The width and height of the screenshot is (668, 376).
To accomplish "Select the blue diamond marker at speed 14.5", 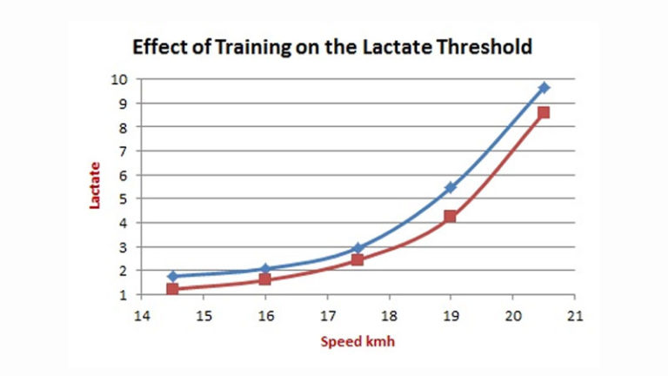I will click(172, 276).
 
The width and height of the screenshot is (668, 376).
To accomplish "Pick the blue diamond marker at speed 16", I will click(265, 269).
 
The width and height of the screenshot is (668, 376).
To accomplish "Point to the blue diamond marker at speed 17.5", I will click(357, 248).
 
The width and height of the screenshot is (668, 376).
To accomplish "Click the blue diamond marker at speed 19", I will click(451, 187).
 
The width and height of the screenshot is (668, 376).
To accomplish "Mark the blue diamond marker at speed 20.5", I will click(544, 88).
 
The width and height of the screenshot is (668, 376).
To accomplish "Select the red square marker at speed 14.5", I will click(172, 289).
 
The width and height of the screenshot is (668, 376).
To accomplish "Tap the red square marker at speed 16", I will click(265, 279).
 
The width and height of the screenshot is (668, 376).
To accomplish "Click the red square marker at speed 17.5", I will click(357, 259).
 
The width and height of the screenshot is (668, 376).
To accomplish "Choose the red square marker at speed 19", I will click(451, 216).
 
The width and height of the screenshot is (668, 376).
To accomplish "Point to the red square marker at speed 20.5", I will click(544, 112).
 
